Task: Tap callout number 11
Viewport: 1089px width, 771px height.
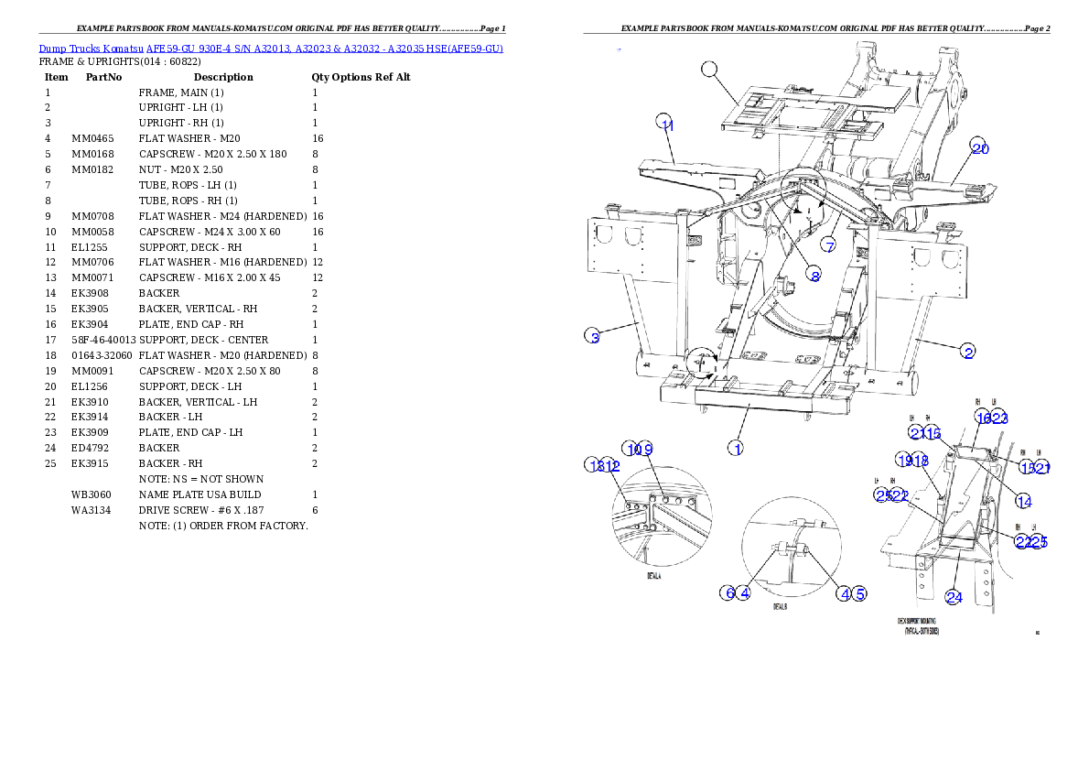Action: click(666, 125)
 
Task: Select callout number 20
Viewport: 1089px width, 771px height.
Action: click(980, 147)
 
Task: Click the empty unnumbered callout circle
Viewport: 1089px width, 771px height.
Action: click(710, 69)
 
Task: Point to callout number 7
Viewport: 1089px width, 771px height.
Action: click(828, 245)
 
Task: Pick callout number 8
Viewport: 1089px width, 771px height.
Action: click(814, 275)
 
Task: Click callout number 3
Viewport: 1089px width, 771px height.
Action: click(594, 337)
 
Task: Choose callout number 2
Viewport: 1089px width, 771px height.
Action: click(967, 351)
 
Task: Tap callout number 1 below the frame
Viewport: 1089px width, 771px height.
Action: click(735, 448)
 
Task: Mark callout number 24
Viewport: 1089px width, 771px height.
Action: click(954, 597)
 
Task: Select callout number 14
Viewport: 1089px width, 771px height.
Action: click(1023, 501)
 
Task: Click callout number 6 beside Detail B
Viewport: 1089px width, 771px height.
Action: click(728, 592)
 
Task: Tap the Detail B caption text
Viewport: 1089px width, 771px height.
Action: click(780, 606)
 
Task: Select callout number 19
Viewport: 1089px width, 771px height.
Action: click(904, 461)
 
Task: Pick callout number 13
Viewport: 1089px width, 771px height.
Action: click(595, 465)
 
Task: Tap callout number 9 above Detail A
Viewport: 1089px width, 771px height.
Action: click(646, 449)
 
